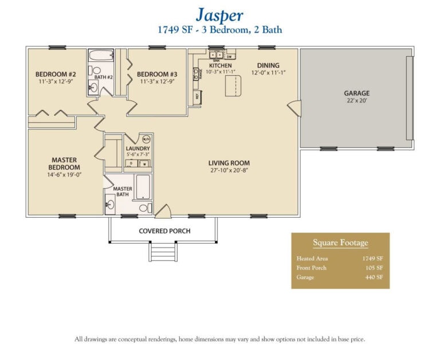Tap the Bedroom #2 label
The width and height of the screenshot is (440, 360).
pos(56,74)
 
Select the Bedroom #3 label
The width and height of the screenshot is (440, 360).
pos(157,74)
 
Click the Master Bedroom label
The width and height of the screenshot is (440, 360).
pos(64,163)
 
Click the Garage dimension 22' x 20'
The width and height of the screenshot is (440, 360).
pos(356,101)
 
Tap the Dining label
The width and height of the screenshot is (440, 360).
pos(268,65)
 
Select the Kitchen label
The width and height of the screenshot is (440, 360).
pos(221,65)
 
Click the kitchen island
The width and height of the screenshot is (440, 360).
pos(234,87)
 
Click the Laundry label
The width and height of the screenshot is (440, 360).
pos(137,148)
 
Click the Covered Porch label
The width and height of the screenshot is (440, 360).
pos(164,231)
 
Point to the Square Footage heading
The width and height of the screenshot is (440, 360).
pos(340,242)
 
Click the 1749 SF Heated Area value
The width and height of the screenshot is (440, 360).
pos(372,259)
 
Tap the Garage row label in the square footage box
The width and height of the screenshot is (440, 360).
pos(305,277)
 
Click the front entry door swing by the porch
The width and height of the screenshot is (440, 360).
pos(162,211)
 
